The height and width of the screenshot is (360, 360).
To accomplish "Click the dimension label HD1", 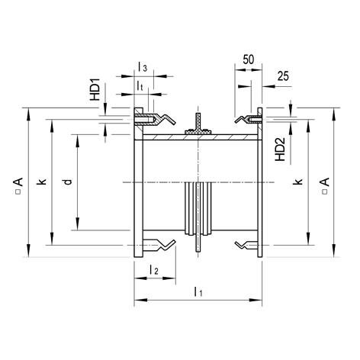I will click(95, 90).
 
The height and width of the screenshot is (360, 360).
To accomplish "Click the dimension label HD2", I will click(279, 148).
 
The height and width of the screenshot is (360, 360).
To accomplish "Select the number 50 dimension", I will click(248, 59).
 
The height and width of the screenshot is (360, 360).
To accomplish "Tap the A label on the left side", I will click(16, 183).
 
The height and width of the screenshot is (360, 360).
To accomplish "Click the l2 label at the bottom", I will click(153, 270).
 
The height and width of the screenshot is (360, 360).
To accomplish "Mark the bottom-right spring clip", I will click(246, 244).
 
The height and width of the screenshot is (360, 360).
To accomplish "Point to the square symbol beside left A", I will click(16, 193).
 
